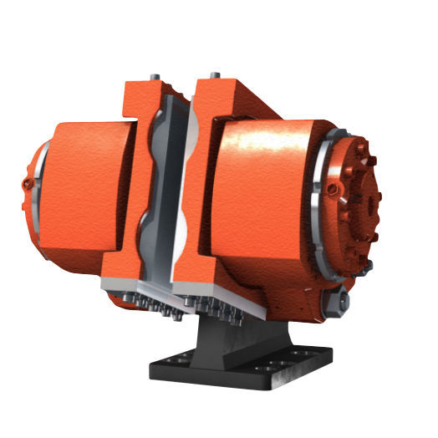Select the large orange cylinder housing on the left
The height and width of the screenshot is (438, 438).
pyautogui.click(x=84, y=188)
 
